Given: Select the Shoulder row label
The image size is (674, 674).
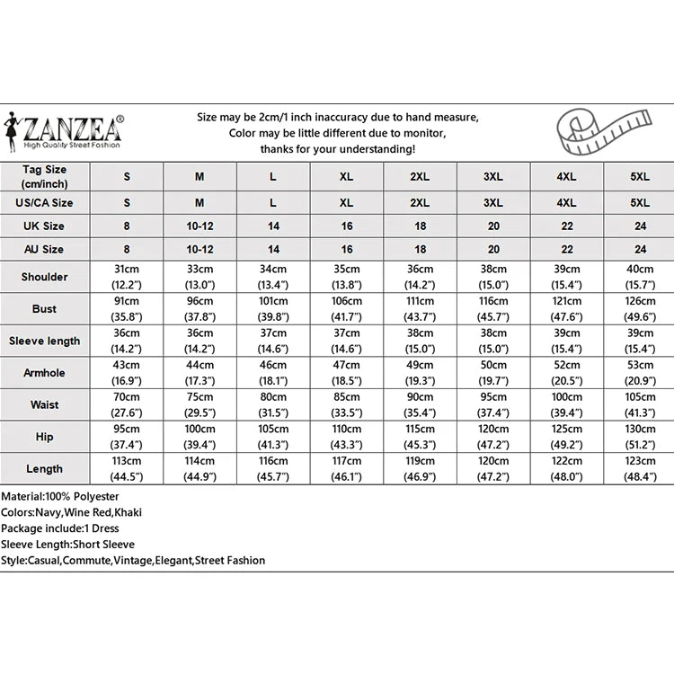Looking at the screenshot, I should pos(45,277).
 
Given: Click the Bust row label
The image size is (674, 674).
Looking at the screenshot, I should pos(45,309).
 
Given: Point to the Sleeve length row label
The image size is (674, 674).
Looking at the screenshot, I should pos(45,341).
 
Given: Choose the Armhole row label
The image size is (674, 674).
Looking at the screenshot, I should pos(45,373).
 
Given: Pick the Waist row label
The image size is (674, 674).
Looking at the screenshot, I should pos(45,405).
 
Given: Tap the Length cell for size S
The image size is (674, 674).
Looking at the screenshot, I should pos(127,469).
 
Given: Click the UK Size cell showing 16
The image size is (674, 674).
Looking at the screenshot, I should pos(346,226).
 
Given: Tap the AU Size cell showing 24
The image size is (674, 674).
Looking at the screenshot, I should pos(640,250).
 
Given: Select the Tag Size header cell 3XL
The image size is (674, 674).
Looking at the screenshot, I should pos(493,177).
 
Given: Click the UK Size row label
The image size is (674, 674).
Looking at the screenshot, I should pos(45,226).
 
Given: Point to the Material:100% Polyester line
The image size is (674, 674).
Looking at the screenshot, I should pos(60,496).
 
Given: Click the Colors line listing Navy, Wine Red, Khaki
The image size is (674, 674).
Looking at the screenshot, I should pos(72,512).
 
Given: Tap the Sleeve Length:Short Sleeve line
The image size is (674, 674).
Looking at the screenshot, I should pos(68,545).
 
